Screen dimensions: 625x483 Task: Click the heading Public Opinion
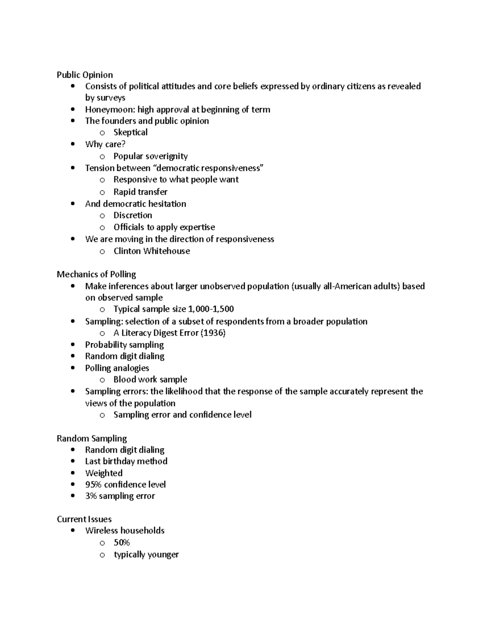click(x=85, y=75)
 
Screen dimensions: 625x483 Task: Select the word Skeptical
click(x=130, y=132)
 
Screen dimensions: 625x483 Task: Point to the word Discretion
click(x=132, y=215)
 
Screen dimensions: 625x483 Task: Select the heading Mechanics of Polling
click(x=96, y=274)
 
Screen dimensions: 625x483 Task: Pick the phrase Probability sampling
click(x=124, y=345)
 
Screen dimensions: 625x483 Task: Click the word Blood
click(x=124, y=380)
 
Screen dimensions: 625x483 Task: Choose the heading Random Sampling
click(x=92, y=439)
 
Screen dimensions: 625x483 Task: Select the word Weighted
click(x=103, y=473)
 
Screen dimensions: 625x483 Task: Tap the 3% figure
click(x=91, y=496)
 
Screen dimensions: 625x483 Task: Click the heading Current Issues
click(x=84, y=519)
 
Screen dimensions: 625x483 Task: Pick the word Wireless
click(x=101, y=531)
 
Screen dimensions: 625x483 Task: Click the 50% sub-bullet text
click(x=122, y=542)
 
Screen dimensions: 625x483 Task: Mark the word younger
click(x=163, y=555)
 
